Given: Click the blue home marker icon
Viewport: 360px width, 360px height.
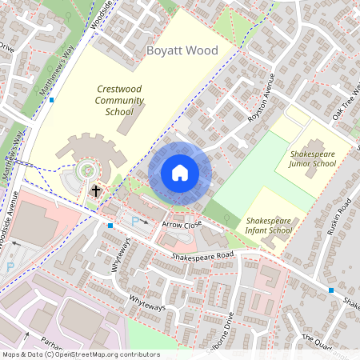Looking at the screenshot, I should [x=180, y=172].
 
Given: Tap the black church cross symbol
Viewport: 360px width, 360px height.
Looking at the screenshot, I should [x=95, y=191].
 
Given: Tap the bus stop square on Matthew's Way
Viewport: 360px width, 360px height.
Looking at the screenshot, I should [x=51, y=100].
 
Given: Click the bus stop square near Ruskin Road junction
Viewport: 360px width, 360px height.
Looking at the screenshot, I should [x=330, y=290].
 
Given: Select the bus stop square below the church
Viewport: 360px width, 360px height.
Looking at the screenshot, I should [x=110, y=226].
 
